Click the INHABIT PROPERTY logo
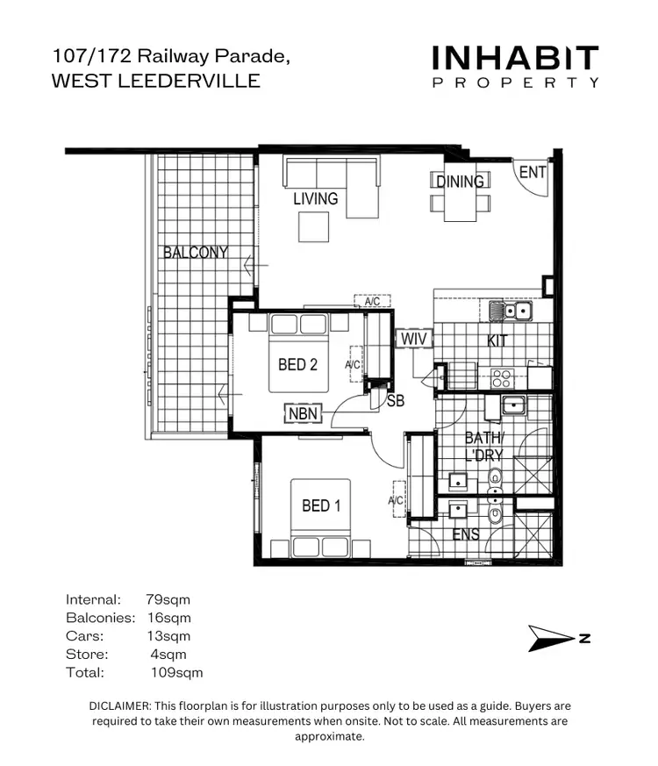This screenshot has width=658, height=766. pyautogui.click(x=516, y=67)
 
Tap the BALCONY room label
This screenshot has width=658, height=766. pyautogui.click(x=195, y=253)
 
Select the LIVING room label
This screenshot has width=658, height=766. pyautogui.click(x=315, y=199)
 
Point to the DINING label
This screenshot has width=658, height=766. pyautogui.click(x=460, y=182)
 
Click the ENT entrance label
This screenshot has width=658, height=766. pyautogui.click(x=533, y=172)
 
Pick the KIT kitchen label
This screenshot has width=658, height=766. pyautogui.click(x=497, y=340)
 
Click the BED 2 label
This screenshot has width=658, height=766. pyautogui.click(x=297, y=364)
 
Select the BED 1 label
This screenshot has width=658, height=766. pyautogui.click(x=321, y=505)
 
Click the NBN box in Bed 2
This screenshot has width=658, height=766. pyautogui.click(x=304, y=413)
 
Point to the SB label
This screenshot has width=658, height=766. pyautogui.click(x=396, y=402)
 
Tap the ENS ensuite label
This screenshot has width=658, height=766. pyautogui.click(x=465, y=533)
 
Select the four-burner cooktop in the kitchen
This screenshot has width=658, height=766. pyautogui.click(x=501, y=378)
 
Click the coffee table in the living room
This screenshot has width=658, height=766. pyautogui.click(x=314, y=227)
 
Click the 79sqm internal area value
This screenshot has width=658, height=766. pyautogui.click(x=168, y=600)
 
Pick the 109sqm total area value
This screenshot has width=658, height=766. pyautogui.click(x=176, y=673)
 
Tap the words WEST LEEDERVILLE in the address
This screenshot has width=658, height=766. pyautogui.click(x=156, y=81)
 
